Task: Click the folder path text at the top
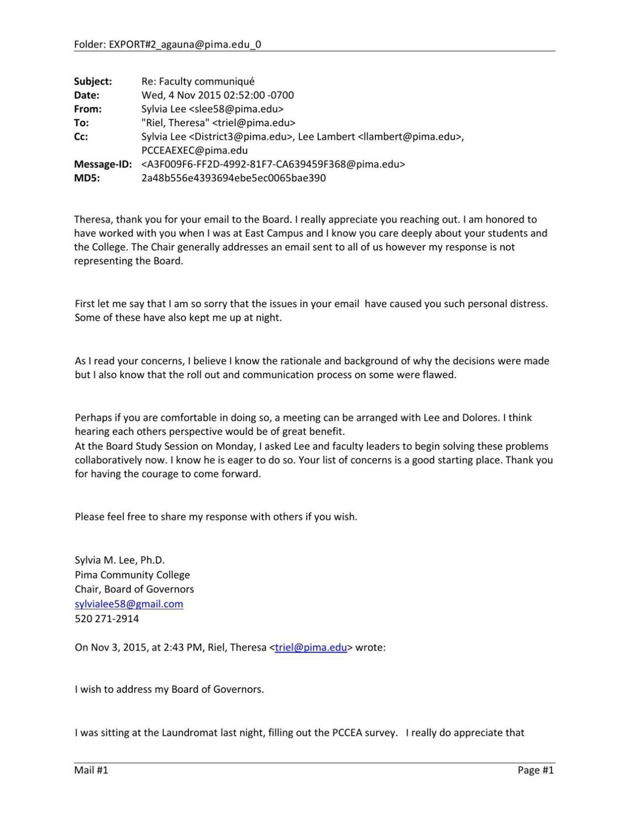pyautogui.click(x=167, y=45)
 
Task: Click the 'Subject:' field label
pyautogui.click(x=93, y=81)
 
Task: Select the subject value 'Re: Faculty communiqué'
pyautogui.click(x=198, y=81)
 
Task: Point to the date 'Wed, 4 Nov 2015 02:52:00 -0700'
pyautogui.click(x=218, y=95)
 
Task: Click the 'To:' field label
pyautogui.click(x=81, y=123)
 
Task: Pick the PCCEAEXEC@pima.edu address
pyautogui.click(x=194, y=150)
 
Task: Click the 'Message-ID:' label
pyautogui.click(x=103, y=164)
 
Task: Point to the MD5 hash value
pyautogui.click(x=233, y=178)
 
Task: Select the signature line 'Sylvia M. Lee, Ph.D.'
pyautogui.click(x=120, y=560)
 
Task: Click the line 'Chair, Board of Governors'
pyautogui.click(x=134, y=589)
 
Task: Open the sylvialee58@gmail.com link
pyautogui.click(x=129, y=604)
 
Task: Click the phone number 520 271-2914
pyautogui.click(x=107, y=619)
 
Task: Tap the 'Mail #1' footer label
pyautogui.click(x=91, y=770)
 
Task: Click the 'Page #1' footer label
pyautogui.click(x=535, y=770)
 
